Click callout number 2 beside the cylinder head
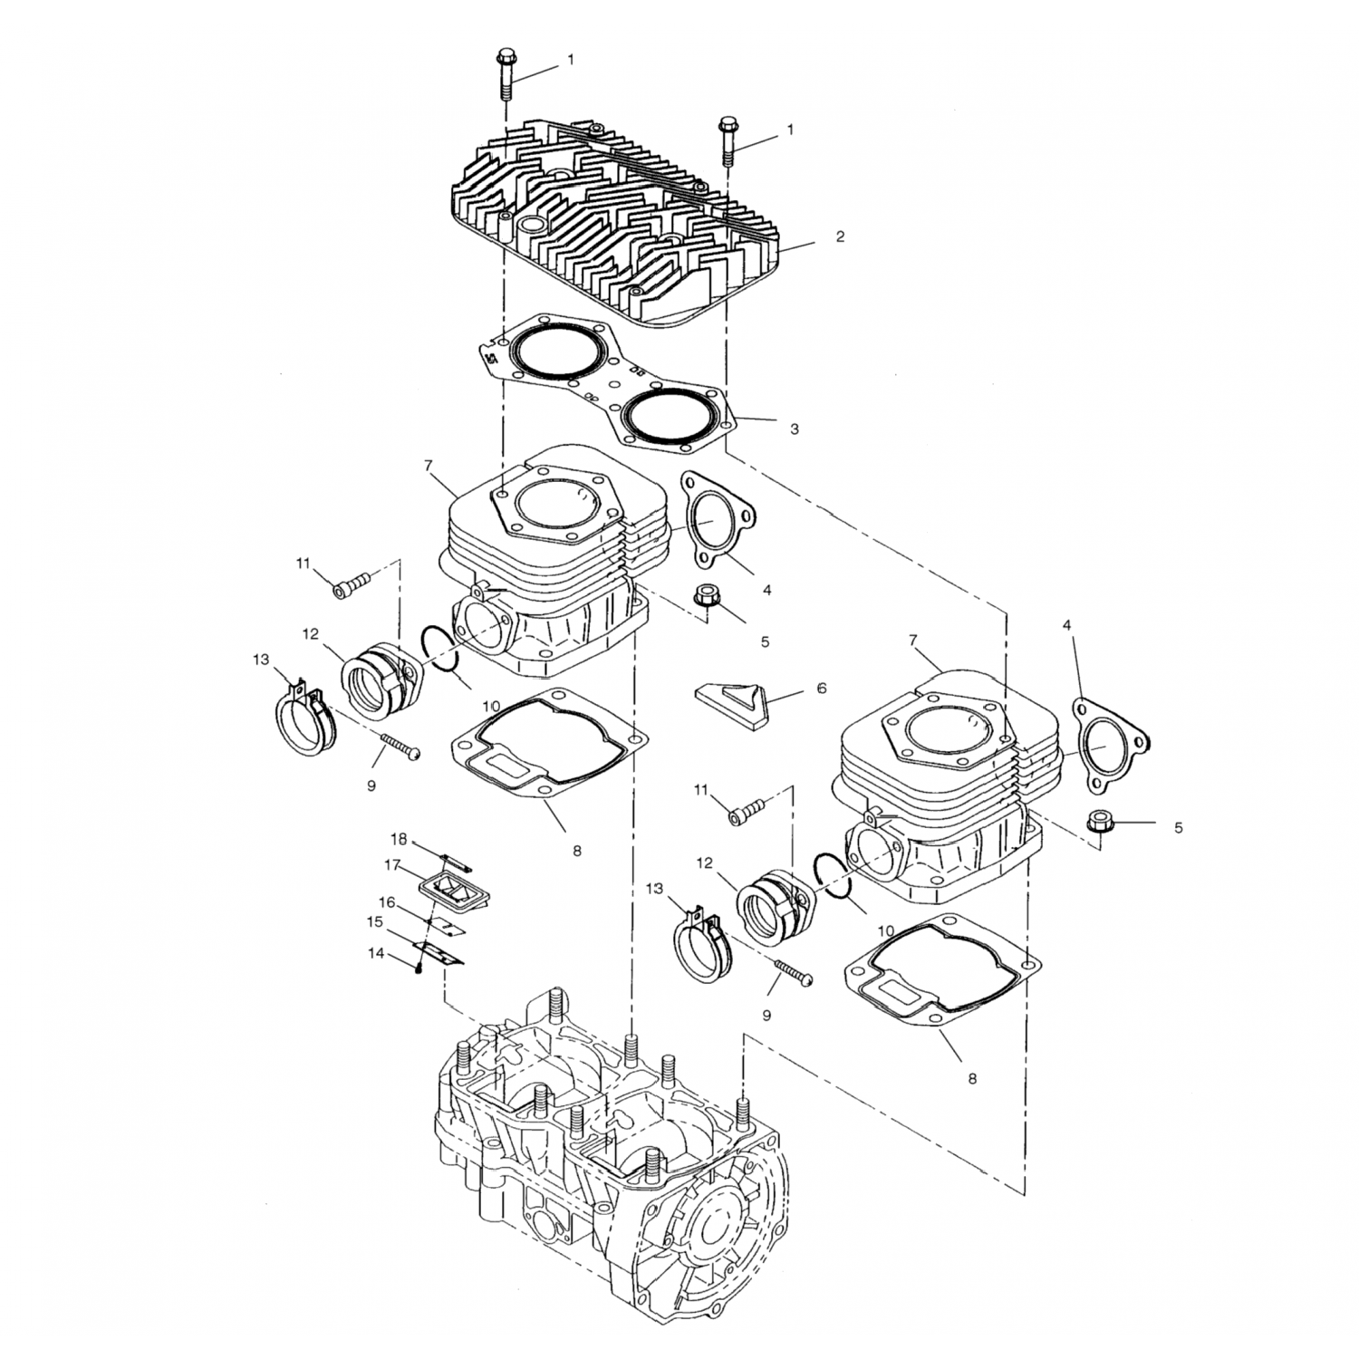pyautogui.click(x=840, y=237)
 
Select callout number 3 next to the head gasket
pyautogui.click(x=794, y=429)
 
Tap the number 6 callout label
pyautogui.click(x=821, y=689)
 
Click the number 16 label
pyautogui.click(x=387, y=902)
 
